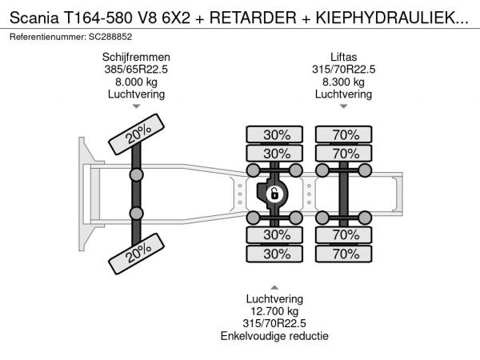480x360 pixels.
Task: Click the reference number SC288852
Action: [x=110, y=37]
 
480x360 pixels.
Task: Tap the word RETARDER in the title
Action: [x=253, y=18]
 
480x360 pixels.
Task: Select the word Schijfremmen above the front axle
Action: [x=136, y=58]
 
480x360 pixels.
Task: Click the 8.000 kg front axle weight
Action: [x=136, y=82]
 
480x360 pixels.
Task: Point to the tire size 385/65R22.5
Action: [x=136, y=70]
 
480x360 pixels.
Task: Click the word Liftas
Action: [x=343, y=58]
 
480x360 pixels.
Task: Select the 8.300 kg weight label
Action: [x=343, y=82]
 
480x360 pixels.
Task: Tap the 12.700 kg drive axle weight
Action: [x=274, y=311]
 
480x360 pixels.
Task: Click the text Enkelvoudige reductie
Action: [x=274, y=336]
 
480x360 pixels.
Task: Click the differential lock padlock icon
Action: [x=274, y=194]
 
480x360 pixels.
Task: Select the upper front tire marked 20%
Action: [x=137, y=134]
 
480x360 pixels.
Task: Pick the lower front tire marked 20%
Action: [x=137, y=254]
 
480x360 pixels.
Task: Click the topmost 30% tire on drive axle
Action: [x=274, y=134]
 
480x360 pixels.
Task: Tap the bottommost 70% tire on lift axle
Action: [x=344, y=254]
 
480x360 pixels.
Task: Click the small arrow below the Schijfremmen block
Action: [x=136, y=106]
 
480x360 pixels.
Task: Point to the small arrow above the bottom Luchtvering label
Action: [x=274, y=287]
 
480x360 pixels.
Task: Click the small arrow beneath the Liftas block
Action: [x=343, y=106]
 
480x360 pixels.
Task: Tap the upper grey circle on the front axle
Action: [x=136, y=175]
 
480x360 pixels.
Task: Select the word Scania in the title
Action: [x=34, y=18]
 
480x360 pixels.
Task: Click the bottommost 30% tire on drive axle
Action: [x=274, y=254]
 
